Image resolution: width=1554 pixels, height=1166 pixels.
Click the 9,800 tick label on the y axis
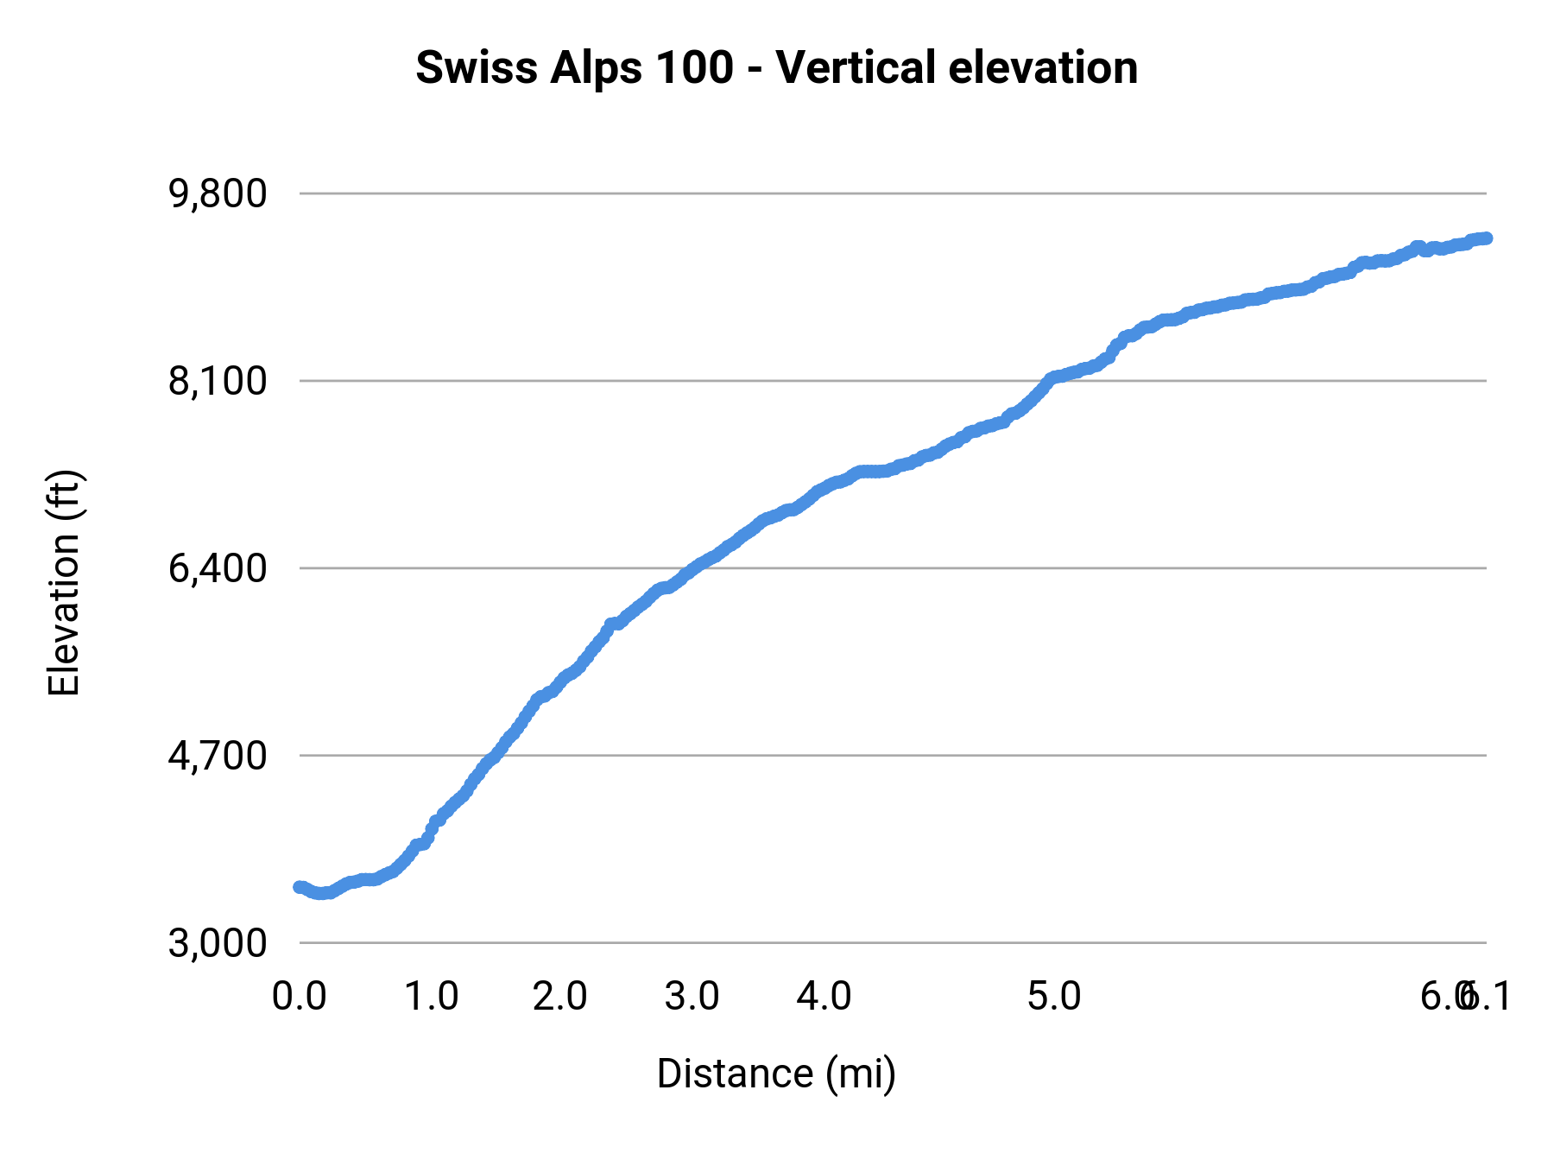218,194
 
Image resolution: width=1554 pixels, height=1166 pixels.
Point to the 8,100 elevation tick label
218,381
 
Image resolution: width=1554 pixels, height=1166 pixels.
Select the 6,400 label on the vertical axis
218,568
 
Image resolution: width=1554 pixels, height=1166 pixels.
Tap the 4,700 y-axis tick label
218,756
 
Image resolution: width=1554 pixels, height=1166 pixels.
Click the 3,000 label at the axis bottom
218,943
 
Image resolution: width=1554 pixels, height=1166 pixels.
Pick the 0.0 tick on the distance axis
299,997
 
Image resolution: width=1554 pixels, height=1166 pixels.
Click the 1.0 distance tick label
431,997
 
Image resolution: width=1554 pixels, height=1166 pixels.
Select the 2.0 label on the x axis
559,997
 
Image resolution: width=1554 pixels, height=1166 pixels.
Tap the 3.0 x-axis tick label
692,997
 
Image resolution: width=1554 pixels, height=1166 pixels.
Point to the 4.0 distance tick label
824,997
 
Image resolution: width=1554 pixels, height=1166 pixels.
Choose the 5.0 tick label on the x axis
1054,997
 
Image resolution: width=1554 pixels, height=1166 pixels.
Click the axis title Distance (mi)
776,1074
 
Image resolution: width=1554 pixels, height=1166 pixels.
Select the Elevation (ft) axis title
64,583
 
